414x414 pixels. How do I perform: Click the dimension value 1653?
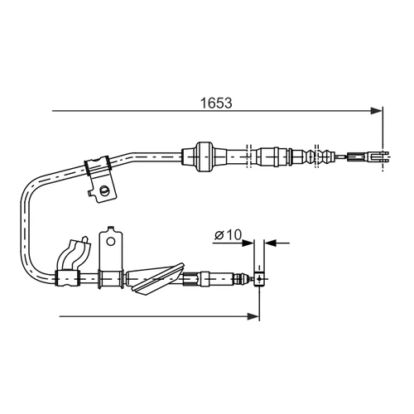216,103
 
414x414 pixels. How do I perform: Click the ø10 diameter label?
228,235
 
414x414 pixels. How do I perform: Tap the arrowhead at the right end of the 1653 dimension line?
377,111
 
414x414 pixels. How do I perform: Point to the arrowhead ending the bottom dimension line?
253,316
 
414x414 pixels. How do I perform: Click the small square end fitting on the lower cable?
259,279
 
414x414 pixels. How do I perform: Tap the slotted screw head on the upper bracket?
104,190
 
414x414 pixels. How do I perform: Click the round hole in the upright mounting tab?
111,242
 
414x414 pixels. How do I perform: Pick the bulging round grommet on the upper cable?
205,156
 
